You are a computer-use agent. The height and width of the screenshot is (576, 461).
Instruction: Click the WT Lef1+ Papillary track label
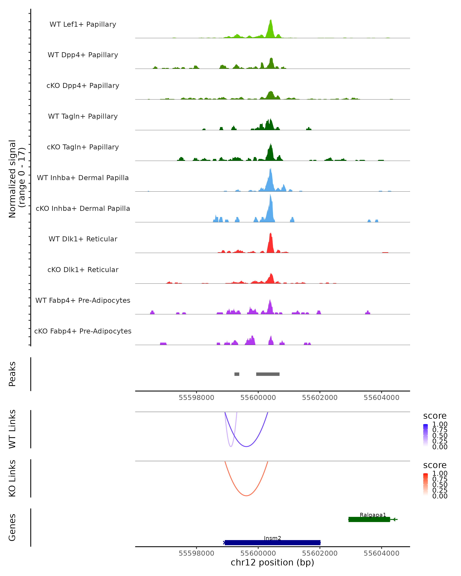pos(83,25)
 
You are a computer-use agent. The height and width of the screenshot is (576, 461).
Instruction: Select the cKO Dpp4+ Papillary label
pos(83,86)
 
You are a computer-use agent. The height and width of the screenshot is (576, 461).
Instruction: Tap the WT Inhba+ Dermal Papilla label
pos(83,178)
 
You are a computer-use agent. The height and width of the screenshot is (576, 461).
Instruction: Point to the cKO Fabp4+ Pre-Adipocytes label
pos(83,331)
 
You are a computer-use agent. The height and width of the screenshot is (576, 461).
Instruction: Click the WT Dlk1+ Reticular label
pos(83,239)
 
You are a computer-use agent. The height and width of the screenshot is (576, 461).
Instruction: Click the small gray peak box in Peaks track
pos(237,374)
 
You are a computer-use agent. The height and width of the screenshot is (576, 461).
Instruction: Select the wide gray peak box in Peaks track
pos(268,374)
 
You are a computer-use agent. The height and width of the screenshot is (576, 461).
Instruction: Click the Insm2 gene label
pos(272,538)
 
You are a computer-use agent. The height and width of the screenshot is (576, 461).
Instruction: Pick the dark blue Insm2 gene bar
pos(272,543)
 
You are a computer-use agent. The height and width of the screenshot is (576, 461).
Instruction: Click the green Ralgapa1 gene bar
pos(369,519)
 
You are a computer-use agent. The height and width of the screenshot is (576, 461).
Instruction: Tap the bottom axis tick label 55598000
pos(197,553)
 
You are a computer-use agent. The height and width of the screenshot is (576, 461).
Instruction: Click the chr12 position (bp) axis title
pos(272,563)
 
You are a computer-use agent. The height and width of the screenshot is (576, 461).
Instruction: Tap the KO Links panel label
pos(12,478)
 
